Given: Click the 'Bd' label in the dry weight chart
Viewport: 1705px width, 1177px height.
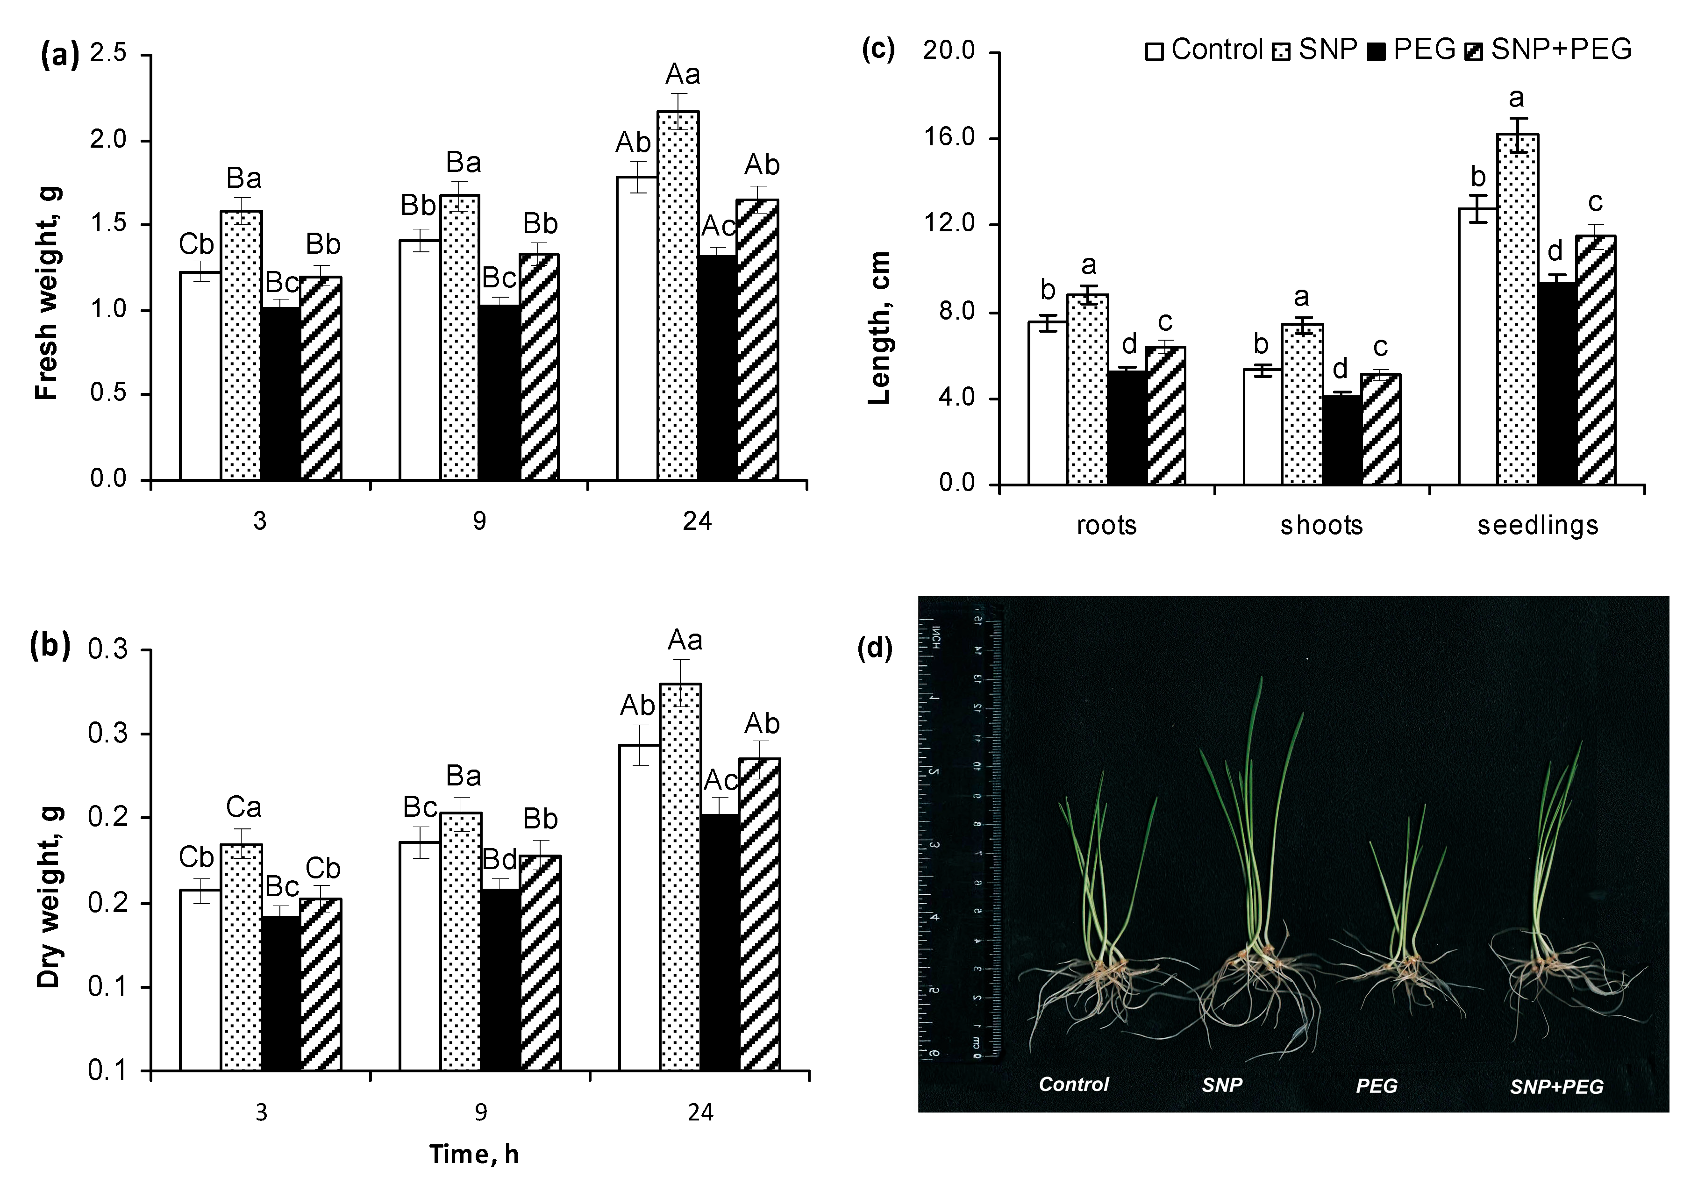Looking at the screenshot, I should point(499,860).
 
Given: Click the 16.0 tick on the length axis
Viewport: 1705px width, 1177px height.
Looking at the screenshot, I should point(949,138).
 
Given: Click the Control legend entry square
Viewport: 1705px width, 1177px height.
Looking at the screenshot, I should point(1154,51).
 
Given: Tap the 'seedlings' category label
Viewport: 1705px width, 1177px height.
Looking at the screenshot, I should point(1538,525).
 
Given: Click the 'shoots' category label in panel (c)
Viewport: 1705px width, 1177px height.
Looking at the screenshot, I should point(1321,525).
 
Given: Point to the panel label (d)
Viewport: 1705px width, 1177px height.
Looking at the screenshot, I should point(875,648).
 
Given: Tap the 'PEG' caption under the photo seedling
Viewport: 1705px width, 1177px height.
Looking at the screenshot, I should point(1376,1085).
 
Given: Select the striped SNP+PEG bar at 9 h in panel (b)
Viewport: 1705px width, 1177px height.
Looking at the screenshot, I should point(540,963).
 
